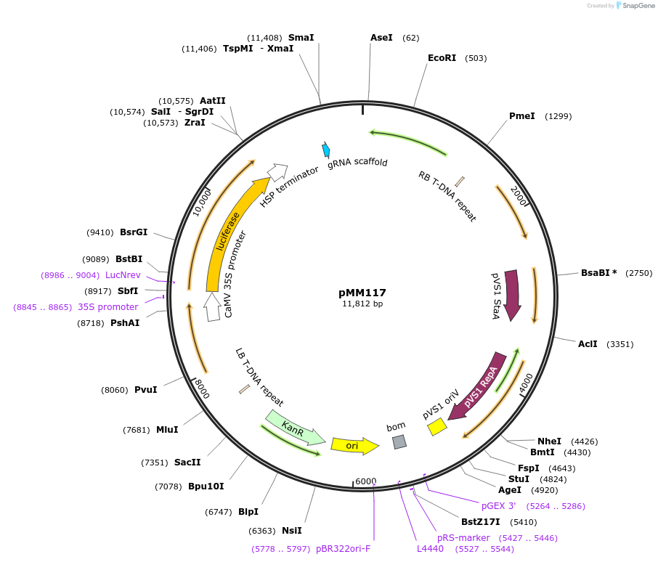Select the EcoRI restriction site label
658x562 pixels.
point(442,58)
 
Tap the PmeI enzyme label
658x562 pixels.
point(522,116)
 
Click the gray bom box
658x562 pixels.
point(399,441)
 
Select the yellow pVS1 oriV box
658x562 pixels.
point(436,428)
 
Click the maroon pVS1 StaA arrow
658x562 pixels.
point(512,294)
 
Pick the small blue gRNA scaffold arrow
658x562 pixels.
point(326,150)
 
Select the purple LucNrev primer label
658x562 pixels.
point(123,275)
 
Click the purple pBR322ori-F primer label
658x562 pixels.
point(343,549)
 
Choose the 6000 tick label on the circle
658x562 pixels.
point(365,481)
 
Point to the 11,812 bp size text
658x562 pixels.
point(362,304)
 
